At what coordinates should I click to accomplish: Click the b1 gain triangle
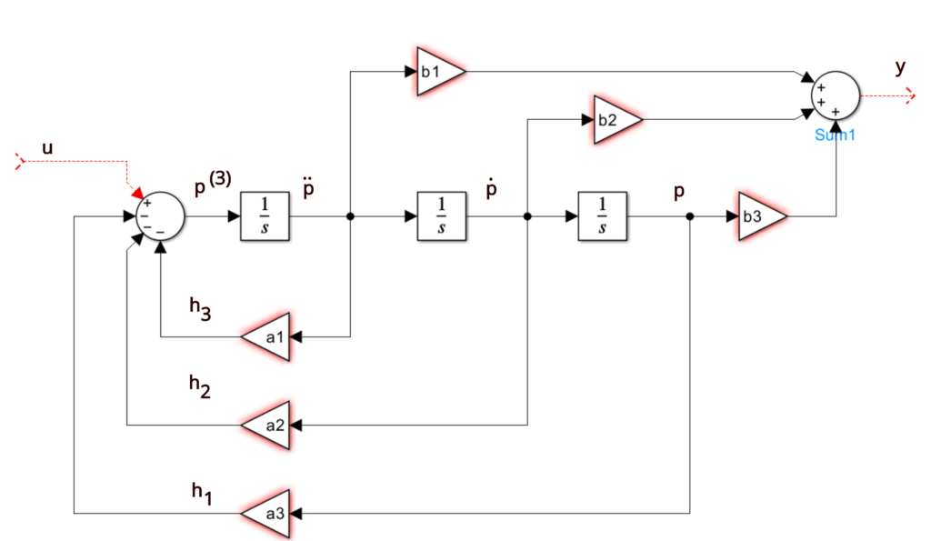click(437, 71)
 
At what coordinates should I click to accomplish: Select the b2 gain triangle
click(615, 119)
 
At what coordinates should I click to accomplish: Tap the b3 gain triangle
click(759, 216)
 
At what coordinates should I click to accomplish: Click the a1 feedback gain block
click(269, 336)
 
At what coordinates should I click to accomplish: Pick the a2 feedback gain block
click(269, 426)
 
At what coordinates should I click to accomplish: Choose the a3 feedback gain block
click(269, 513)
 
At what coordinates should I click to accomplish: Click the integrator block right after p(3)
click(265, 216)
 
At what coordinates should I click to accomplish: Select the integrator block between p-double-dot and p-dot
click(442, 216)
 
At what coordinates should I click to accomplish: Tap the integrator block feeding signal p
click(602, 216)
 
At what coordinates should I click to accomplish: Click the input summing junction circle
click(160, 216)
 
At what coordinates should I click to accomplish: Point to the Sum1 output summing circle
click(836, 95)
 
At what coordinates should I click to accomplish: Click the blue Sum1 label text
click(835, 135)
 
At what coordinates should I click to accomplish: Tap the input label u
click(47, 148)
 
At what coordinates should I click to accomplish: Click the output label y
click(901, 67)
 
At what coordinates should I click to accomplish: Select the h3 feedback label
click(200, 308)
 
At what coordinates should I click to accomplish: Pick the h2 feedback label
click(199, 386)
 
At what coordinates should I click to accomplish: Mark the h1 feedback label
click(202, 493)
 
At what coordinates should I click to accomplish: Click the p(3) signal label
click(213, 183)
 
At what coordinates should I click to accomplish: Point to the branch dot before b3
click(690, 216)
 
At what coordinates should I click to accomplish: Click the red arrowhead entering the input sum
click(138, 193)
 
